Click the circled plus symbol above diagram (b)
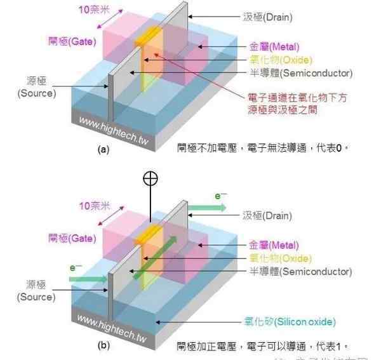(150, 178)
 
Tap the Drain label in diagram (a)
(267, 18)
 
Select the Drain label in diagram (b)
(267, 216)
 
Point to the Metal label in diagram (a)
(276, 47)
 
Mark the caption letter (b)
(104, 347)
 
